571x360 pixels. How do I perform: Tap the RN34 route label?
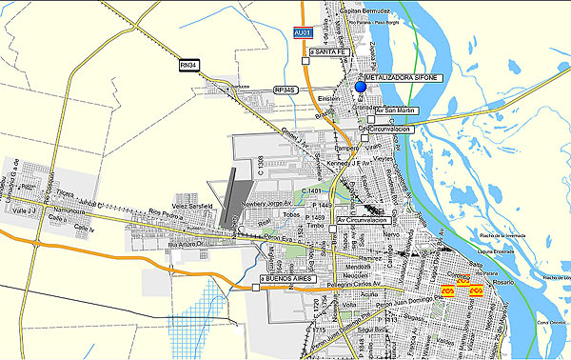pos(190,65)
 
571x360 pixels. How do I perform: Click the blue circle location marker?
pos(361,89)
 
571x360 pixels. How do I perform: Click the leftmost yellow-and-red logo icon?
pos(447,291)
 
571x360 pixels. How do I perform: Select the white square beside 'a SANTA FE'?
pos(305,61)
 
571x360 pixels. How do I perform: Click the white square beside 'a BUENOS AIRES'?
pos(256,286)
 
